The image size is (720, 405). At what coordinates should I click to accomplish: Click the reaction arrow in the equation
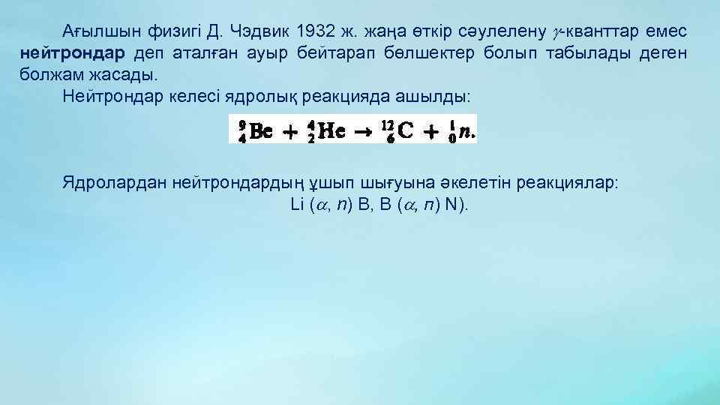[364, 132]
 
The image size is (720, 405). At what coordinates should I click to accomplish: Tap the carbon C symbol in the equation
[405, 132]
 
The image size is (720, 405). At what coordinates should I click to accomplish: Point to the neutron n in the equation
[466, 132]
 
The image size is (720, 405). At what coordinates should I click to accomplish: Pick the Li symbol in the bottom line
[295, 205]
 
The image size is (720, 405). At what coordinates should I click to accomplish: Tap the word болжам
[48, 76]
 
